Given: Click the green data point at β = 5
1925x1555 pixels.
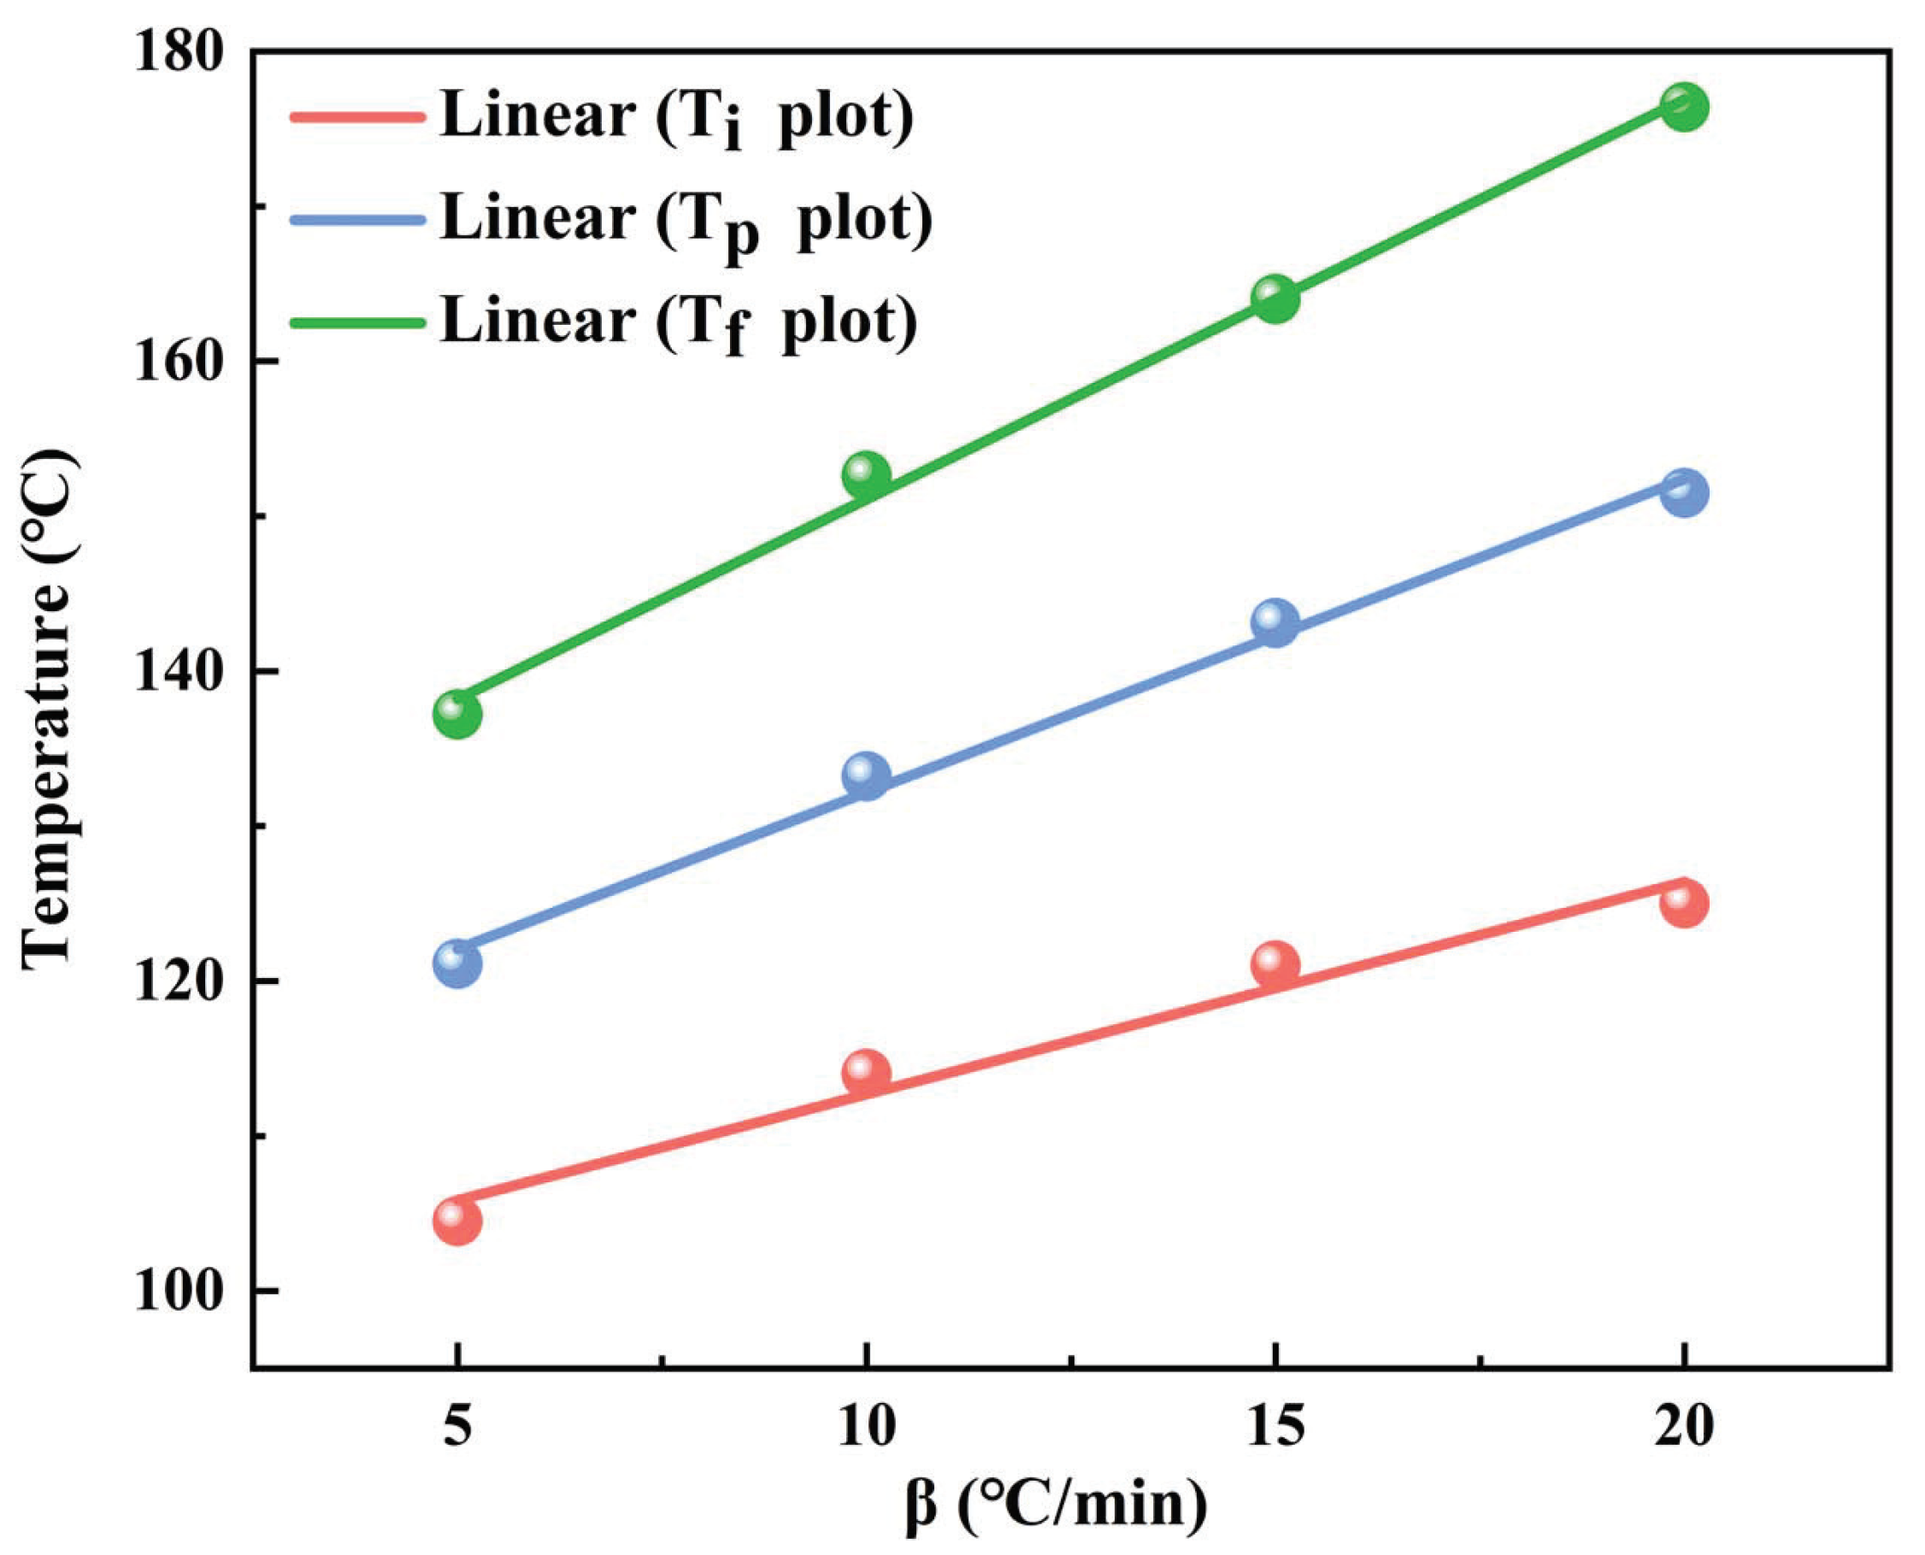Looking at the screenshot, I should [x=456, y=714].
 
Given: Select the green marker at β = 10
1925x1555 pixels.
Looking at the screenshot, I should [x=866, y=474].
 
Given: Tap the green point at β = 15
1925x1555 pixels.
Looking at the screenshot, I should [x=1275, y=298].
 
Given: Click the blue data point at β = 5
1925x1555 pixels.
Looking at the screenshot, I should [x=456, y=963].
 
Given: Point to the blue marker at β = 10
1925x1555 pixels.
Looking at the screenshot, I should [x=866, y=775].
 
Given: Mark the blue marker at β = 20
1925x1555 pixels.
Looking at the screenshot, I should [x=1684, y=492].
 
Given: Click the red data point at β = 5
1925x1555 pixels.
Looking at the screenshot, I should [x=456, y=1221].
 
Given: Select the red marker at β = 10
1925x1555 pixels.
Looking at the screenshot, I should [x=866, y=1073].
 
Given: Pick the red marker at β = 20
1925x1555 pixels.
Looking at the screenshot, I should [x=1684, y=903].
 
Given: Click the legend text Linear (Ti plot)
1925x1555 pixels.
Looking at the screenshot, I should [x=676, y=116].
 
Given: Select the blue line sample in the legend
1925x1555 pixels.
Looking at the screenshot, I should [x=356, y=219].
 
